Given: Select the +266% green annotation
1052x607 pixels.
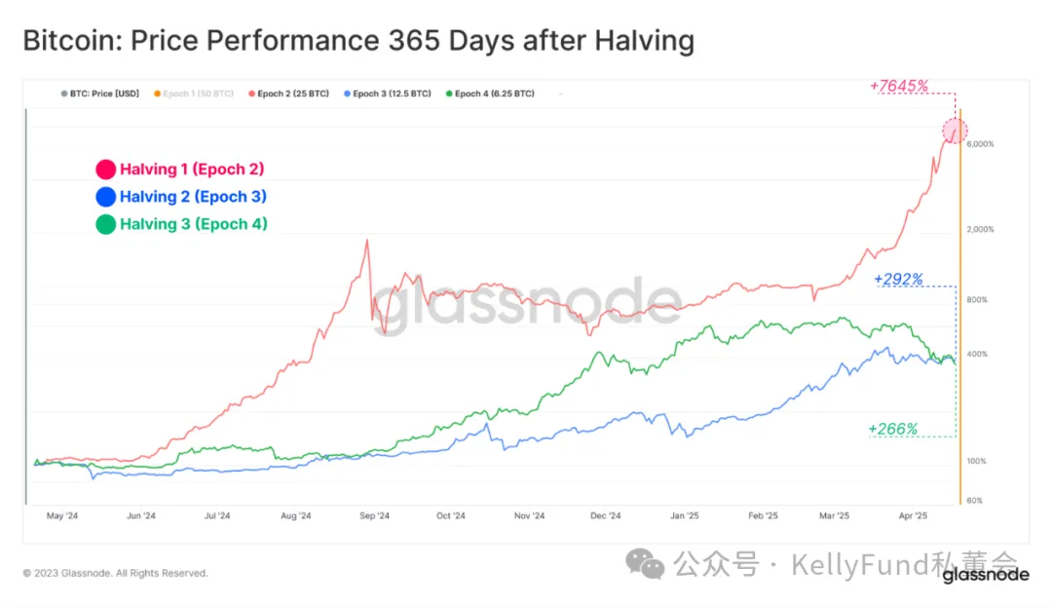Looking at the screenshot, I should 893,429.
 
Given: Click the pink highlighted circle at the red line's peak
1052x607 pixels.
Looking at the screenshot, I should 955,130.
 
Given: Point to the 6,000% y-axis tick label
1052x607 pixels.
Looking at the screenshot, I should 980,144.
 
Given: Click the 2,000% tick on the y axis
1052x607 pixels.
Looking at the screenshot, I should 980,229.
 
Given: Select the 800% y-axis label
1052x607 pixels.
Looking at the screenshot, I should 977,300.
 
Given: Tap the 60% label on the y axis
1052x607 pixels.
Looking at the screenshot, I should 974,501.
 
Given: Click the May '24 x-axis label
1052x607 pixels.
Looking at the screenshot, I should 61,516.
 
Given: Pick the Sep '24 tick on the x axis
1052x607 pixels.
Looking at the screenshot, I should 374,516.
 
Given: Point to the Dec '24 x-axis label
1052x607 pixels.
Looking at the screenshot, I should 606,516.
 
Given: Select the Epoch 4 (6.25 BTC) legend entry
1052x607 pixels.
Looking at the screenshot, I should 490,94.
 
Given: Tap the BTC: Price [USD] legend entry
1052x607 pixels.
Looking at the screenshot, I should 100,94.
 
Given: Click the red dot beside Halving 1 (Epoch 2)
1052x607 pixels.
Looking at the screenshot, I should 106,170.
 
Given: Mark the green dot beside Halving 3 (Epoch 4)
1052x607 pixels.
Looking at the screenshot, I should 106,225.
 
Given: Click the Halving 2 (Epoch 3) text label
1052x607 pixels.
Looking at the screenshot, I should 193,197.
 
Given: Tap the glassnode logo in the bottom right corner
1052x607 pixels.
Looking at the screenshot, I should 985,575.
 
